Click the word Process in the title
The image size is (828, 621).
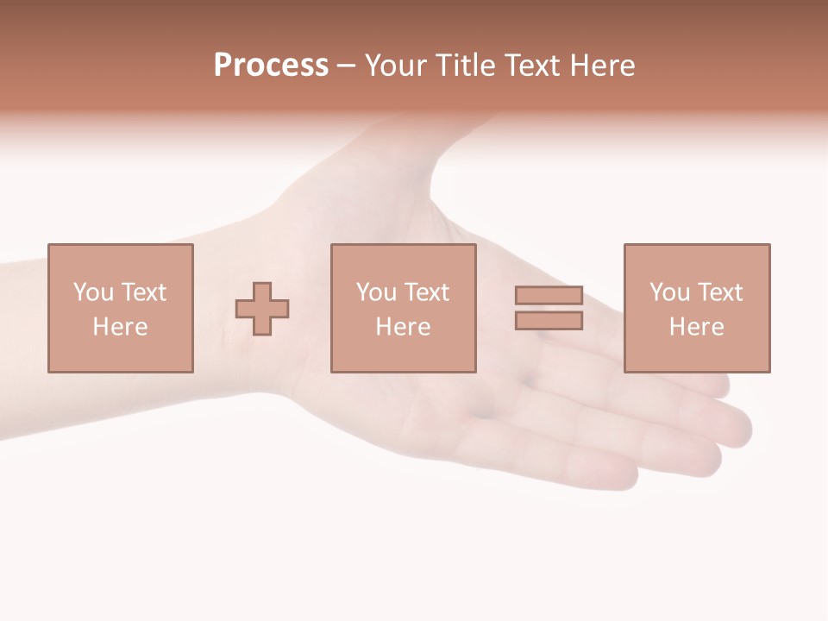click(x=271, y=66)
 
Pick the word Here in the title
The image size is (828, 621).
click(x=603, y=66)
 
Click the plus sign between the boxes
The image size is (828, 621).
click(x=262, y=309)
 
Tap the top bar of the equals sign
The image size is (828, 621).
click(x=549, y=296)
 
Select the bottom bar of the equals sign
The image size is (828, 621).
click(x=549, y=320)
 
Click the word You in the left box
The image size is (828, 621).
click(x=93, y=292)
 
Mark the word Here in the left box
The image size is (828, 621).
click(x=120, y=327)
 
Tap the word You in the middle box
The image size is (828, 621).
click(x=376, y=292)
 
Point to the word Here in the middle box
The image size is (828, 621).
click(x=403, y=327)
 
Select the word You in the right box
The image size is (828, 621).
click(x=669, y=292)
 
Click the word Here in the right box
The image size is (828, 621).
click(x=696, y=327)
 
